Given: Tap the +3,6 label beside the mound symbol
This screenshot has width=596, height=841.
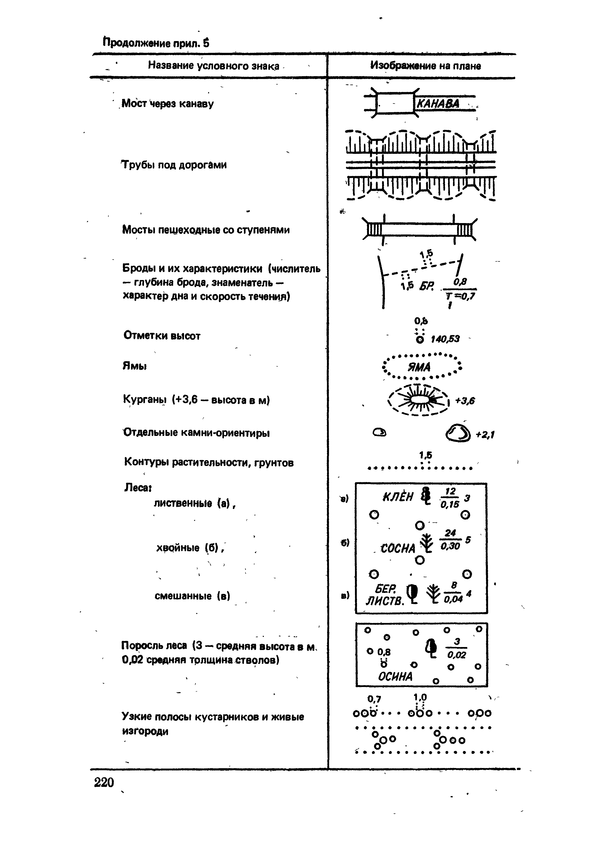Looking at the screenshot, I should coord(465,401).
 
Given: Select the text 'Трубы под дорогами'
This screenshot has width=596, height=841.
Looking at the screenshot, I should coord(174,165).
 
